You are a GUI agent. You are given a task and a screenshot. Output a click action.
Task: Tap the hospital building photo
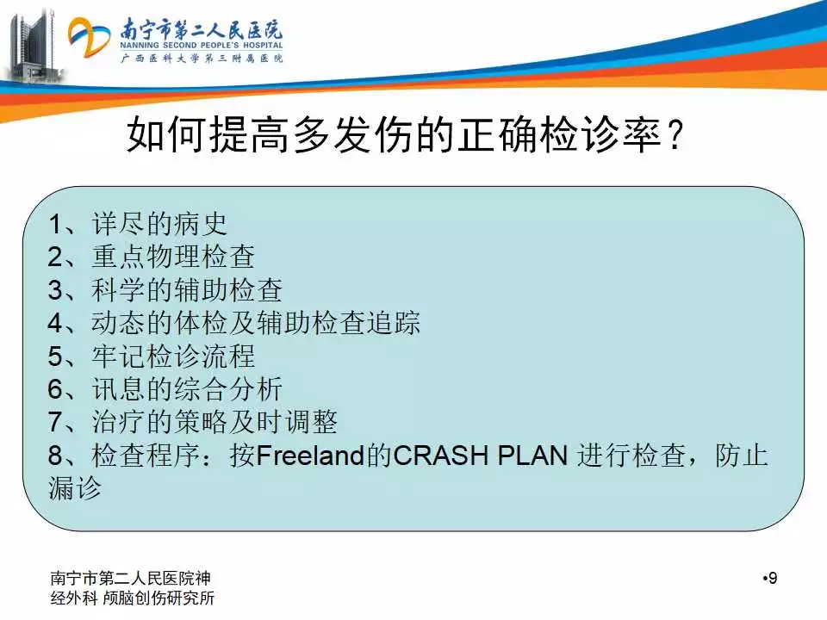[33, 46]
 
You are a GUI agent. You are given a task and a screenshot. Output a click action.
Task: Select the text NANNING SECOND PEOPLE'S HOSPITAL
[202, 46]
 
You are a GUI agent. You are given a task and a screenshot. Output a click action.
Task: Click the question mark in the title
[675, 135]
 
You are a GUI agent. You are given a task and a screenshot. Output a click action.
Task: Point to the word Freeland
[311, 456]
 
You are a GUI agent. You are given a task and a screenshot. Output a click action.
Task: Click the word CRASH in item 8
[440, 456]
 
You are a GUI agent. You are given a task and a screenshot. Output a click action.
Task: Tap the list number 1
[55, 224]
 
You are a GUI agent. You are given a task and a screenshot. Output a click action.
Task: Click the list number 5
[55, 356]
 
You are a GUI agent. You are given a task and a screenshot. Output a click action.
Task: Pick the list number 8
[55, 456]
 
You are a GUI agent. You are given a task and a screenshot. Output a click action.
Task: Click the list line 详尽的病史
[159, 224]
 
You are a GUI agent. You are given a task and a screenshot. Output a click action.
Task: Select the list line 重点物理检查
[173, 257]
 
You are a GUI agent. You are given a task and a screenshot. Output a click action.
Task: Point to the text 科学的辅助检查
[187, 290]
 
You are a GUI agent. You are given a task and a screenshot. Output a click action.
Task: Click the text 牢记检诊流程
[173, 356]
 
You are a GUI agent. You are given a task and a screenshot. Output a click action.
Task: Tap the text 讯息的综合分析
[187, 389]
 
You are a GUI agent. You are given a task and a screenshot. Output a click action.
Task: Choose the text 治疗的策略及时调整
[215, 422]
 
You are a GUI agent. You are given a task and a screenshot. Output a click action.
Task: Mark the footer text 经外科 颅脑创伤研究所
[133, 598]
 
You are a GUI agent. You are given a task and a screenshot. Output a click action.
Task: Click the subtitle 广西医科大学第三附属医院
[202, 58]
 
